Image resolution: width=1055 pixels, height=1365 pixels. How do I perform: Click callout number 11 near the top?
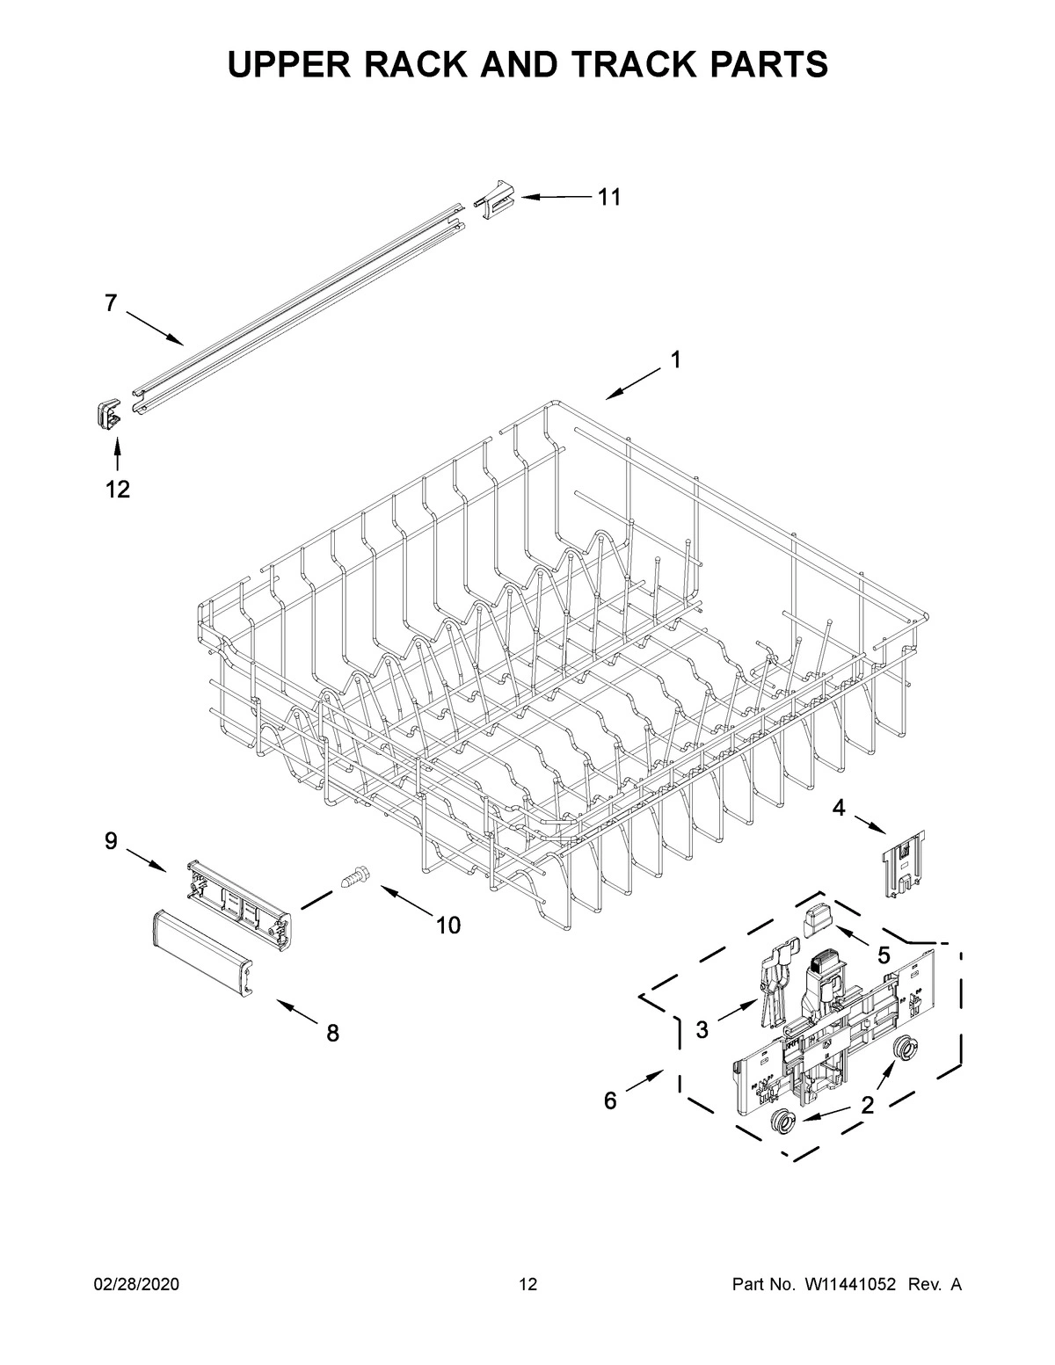tap(609, 198)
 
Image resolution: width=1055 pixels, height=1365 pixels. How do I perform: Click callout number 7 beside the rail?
tap(110, 303)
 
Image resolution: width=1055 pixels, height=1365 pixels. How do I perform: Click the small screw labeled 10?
tap(356, 876)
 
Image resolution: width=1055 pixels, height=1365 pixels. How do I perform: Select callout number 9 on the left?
tap(111, 841)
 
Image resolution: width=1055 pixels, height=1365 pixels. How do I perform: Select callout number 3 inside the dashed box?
tap(702, 1030)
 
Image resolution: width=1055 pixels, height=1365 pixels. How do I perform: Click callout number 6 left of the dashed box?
tap(610, 1100)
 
